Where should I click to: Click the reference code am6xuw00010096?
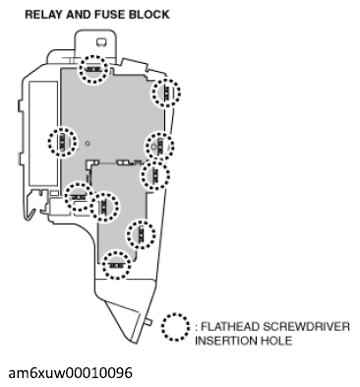tap(70, 374)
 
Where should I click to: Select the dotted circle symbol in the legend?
tap(176, 328)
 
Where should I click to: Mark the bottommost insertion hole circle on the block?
tap(117, 264)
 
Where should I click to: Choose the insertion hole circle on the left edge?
tap(62, 143)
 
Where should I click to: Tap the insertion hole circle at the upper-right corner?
tap(164, 93)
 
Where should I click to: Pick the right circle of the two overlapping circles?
tap(103, 207)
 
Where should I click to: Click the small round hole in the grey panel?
tap(89, 144)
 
